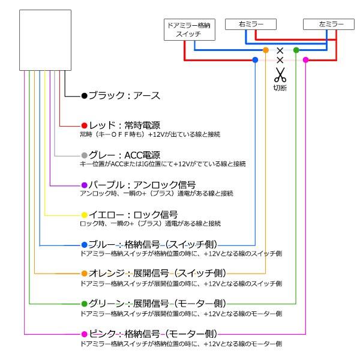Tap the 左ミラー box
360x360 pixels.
(325, 24)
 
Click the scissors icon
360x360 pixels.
(280, 75)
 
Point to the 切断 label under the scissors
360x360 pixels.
(280, 88)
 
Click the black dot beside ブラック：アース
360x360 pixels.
(85, 95)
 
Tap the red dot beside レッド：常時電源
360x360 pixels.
(85, 125)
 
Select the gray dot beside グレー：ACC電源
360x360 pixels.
(85, 155)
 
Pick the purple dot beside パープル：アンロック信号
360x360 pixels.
(85, 185)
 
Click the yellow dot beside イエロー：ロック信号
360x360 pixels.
(85, 214)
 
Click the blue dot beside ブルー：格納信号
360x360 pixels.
(85, 244)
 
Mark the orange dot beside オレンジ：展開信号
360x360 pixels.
(85, 274)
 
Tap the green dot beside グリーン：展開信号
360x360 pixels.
(85, 304)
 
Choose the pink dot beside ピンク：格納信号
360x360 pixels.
(85, 333)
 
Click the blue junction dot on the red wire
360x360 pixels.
(256, 60)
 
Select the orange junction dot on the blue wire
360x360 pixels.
(266, 50)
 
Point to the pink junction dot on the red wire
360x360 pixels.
(305, 60)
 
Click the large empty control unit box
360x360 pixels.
(45, 40)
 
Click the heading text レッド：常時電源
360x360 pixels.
(124, 125)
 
